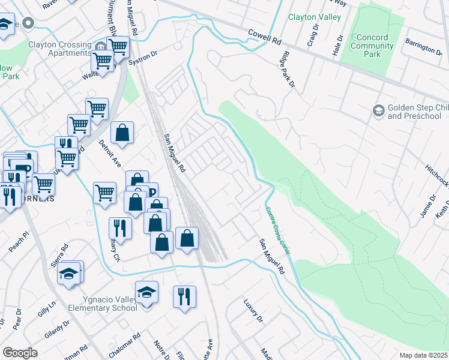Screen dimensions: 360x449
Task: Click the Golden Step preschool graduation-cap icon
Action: pyautogui.click(x=378, y=110)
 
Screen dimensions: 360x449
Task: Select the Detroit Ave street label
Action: pyautogui.click(x=110, y=155)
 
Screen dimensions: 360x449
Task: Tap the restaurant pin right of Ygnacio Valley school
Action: pyautogui.click(x=184, y=296)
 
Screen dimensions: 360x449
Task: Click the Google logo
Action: pyautogui.click(x=20, y=352)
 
